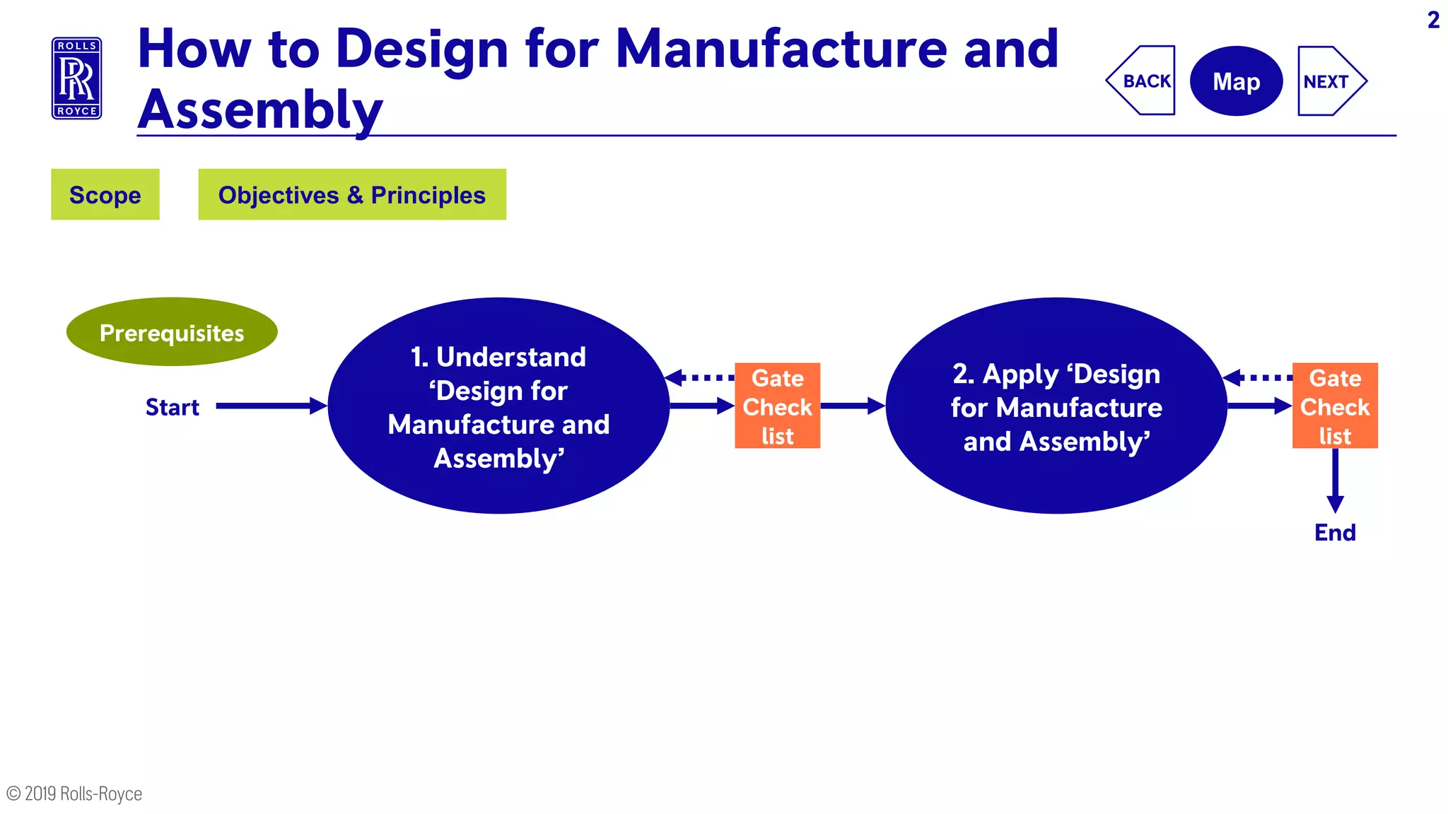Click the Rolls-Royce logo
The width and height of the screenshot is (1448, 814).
(76, 78)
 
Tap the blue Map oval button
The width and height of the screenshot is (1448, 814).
(1236, 81)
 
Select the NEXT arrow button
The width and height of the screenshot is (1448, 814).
(1329, 81)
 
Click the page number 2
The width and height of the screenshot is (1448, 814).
(1433, 20)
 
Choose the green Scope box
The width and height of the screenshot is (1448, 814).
(105, 194)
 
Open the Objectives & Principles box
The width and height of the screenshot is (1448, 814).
(352, 194)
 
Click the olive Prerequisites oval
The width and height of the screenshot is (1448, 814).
(172, 332)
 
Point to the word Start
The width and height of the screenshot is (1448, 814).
(172, 407)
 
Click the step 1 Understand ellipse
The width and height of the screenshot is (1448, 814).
(498, 406)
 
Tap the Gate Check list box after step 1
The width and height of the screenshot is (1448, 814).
(777, 406)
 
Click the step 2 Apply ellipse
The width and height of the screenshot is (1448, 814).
(1056, 406)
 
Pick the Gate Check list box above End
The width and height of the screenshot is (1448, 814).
(1335, 406)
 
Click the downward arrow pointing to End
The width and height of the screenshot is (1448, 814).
(1335, 480)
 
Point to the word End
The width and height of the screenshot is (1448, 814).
(1335, 532)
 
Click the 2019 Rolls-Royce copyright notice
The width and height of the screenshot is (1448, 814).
(75, 794)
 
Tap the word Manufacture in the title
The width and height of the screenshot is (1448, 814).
(781, 49)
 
